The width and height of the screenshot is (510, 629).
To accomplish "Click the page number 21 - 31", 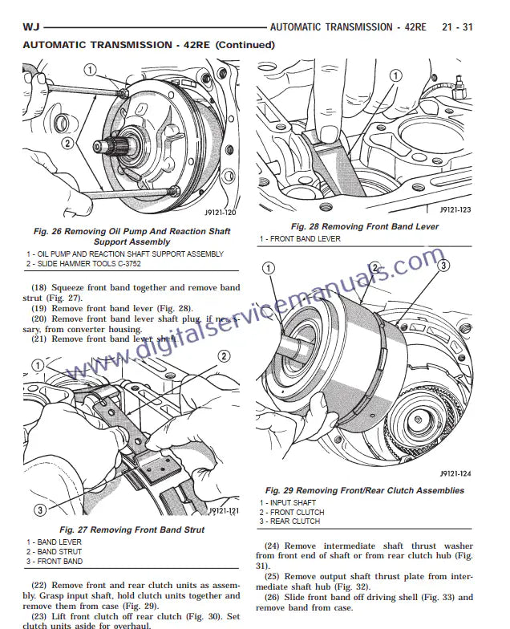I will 457,27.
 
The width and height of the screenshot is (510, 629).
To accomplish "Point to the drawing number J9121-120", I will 221,213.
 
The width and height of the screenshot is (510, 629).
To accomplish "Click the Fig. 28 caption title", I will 364,227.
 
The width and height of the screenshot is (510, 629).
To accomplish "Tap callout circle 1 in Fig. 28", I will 395,75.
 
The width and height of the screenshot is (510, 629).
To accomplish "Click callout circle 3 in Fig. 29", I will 443,265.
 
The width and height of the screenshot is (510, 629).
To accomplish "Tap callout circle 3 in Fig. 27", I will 39,509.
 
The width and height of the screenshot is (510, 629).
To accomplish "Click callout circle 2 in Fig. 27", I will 224,356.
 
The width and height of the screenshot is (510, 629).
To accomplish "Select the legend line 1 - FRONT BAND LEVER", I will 300,239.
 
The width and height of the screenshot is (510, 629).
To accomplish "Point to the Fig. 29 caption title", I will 364,490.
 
